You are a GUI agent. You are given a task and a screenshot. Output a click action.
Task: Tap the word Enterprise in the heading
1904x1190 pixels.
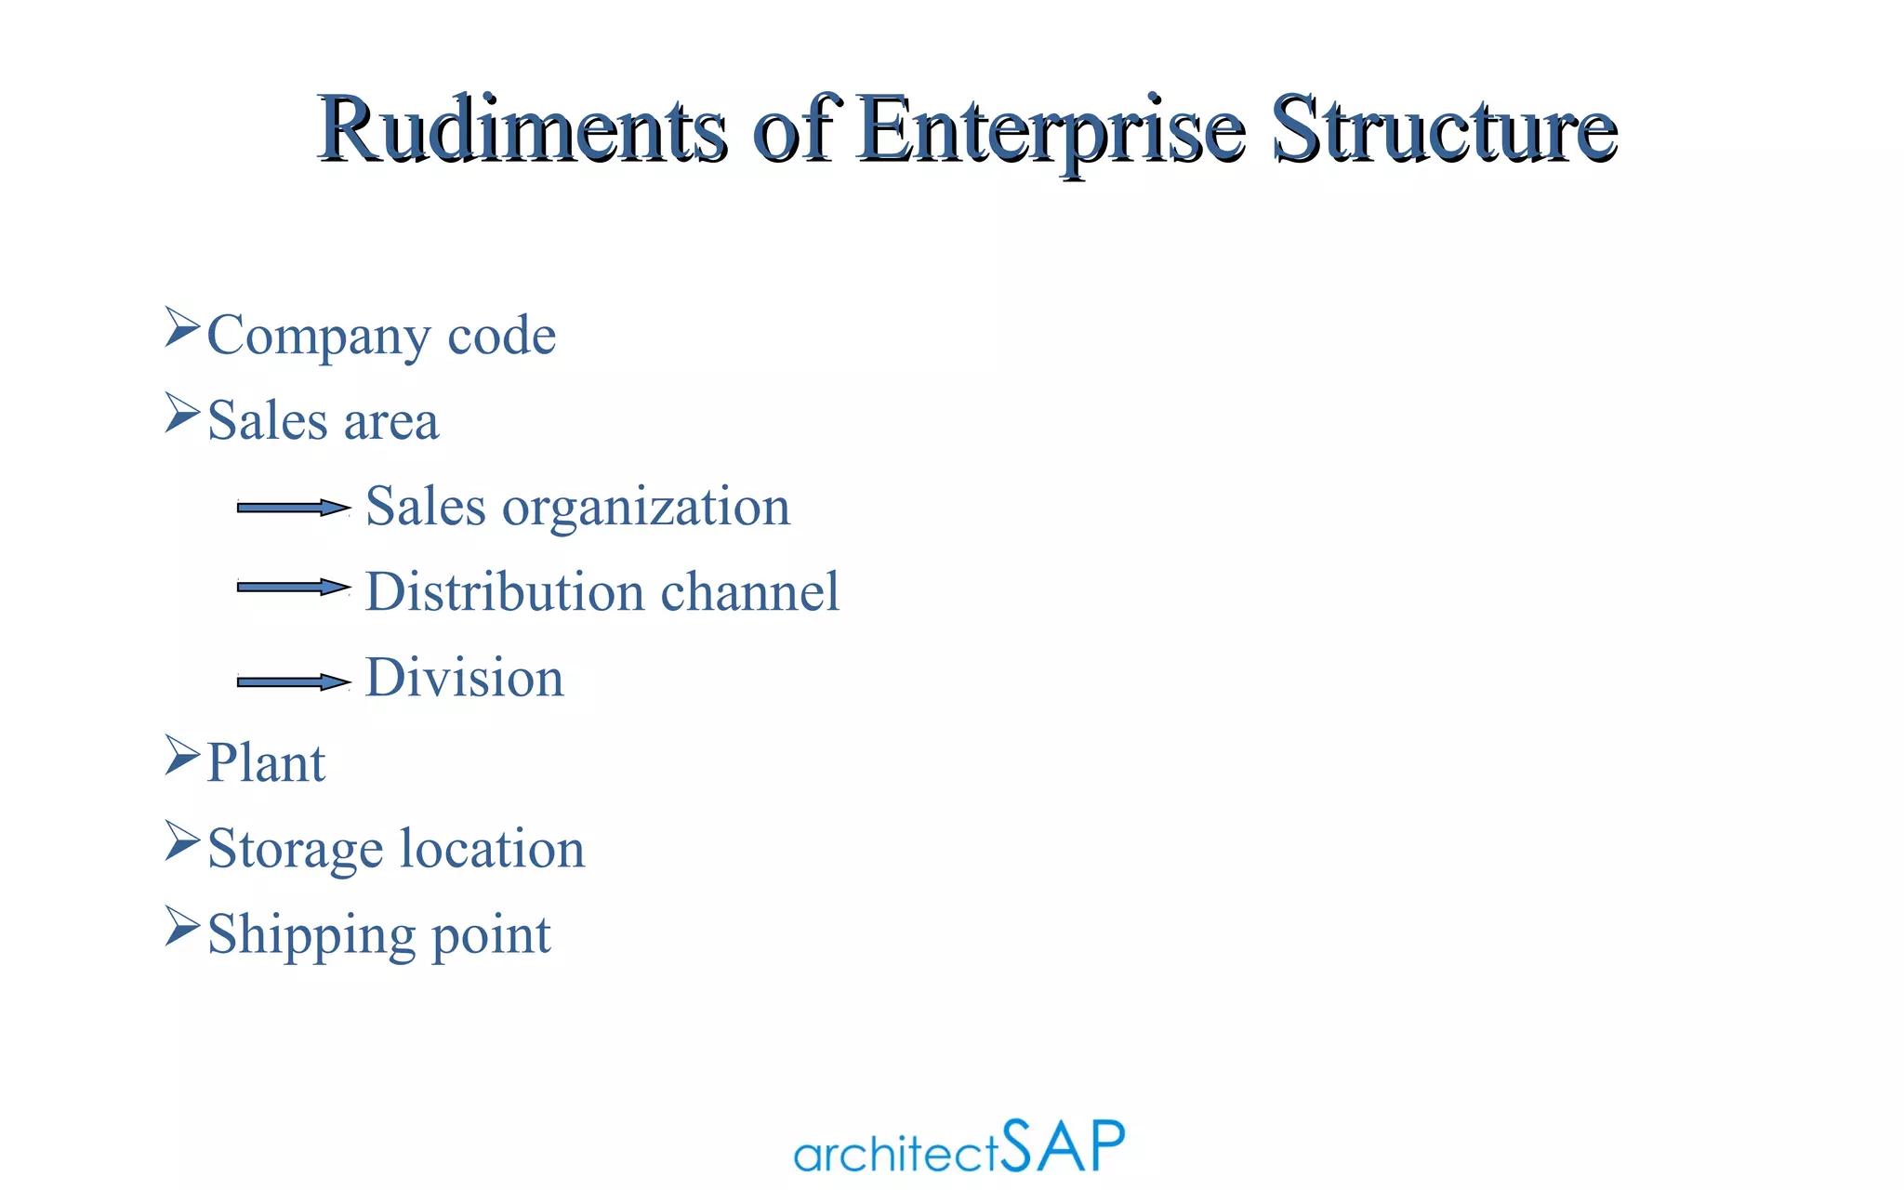coord(1051,130)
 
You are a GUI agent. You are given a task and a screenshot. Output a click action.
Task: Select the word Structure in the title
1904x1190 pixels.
coord(1445,130)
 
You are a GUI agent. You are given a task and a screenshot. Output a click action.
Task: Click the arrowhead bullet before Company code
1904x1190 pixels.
coord(182,328)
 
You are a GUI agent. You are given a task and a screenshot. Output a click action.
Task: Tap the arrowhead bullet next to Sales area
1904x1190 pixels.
coord(182,414)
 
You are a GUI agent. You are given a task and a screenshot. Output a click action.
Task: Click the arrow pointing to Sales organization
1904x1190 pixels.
coord(293,508)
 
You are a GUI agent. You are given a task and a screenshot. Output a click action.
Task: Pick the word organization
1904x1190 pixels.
coord(646,509)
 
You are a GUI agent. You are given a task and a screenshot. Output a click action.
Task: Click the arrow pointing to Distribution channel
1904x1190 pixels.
coord(293,587)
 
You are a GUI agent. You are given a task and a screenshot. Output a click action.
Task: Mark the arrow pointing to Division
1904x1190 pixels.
coord(293,681)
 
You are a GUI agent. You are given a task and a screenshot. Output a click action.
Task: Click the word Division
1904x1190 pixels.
coord(465,678)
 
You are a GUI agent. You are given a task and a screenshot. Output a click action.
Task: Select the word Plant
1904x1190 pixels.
coord(266,763)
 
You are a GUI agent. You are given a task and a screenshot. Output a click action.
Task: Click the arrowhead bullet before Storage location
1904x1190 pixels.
coord(182,841)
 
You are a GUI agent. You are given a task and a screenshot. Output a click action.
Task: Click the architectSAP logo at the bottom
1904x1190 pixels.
coord(959,1147)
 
